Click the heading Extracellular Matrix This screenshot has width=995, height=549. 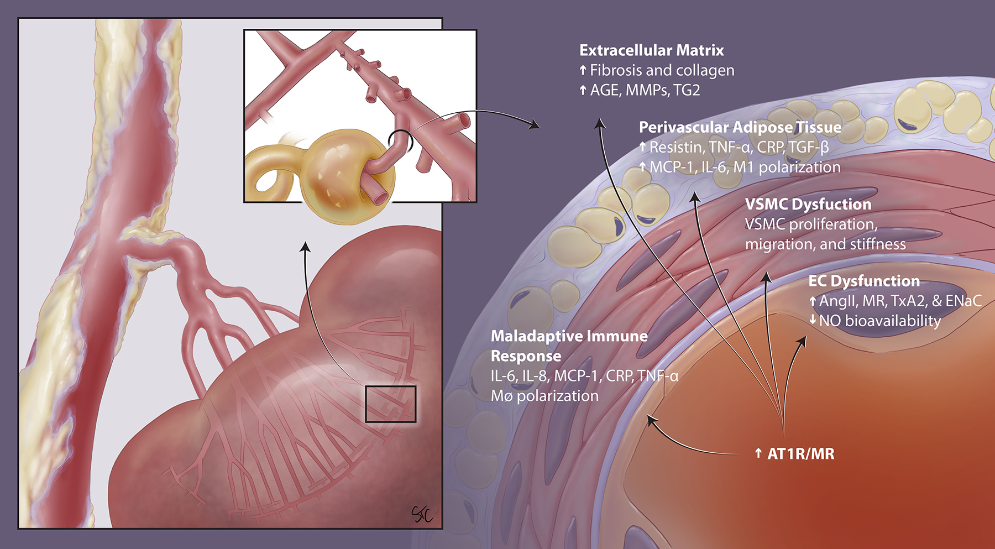click(x=651, y=50)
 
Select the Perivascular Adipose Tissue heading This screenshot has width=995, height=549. click(x=740, y=127)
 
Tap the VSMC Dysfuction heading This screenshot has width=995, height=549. click(x=808, y=204)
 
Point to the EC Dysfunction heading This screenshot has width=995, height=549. click(x=863, y=281)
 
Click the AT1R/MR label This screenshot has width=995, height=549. click(x=800, y=454)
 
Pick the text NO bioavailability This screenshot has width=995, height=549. click(x=879, y=321)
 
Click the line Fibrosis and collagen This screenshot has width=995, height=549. click(x=662, y=70)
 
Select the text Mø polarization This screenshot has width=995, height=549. click(x=544, y=396)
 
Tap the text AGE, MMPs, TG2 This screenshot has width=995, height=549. click(x=645, y=90)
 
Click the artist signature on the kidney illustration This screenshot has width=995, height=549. click(x=421, y=514)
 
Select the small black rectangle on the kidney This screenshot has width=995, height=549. click(x=390, y=404)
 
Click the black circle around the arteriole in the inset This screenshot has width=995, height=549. click(x=400, y=142)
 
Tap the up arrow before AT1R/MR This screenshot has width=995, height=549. click(x=758, y=454)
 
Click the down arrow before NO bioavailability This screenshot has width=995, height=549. click(x=813, y=320)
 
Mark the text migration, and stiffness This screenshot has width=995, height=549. click(x=825, y=244)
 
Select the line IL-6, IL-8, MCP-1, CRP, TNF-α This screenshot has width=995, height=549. click(x=584, y=376)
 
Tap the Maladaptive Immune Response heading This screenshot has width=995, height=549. click(x=569, y=346)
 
